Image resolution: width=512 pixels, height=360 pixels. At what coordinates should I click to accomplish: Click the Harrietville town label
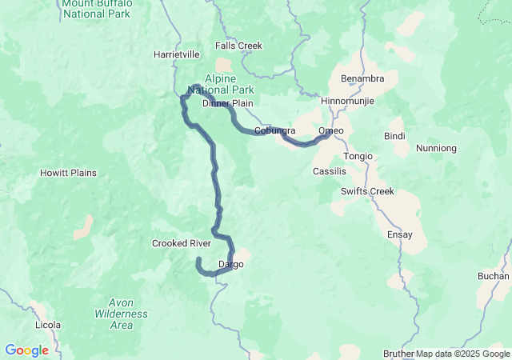coord(177,55)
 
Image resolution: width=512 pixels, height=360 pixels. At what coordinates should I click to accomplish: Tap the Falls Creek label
coord(238,46)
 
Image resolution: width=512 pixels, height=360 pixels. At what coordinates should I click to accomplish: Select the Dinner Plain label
coord(227,104)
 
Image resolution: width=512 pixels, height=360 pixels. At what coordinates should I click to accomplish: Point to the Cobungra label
coord(274,130)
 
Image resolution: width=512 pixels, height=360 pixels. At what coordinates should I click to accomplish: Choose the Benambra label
coord(362,78)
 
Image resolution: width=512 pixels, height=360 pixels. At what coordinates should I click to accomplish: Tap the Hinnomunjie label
coord(347,102)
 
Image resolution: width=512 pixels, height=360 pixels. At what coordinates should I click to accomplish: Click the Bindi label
coord(394,136)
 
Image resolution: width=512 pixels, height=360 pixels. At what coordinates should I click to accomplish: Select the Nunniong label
coord(437,148)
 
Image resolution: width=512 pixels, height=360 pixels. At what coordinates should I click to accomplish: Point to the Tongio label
coord(358,156)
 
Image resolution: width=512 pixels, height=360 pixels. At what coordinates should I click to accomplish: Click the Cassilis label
coord(330,172)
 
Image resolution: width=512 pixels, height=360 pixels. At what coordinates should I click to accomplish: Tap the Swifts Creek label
coord(366,190)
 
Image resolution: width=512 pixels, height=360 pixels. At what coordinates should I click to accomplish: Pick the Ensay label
coord(399,234)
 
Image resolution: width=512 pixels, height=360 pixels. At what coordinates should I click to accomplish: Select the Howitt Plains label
coord(69,173)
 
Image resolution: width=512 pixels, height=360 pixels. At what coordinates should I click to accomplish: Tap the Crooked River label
coord(182,243)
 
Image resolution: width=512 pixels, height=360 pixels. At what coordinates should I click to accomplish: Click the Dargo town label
coord(230,264)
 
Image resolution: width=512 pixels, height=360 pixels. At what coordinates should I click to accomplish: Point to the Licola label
coord(48,326)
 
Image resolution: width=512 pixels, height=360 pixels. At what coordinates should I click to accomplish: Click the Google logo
coord(26,350)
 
